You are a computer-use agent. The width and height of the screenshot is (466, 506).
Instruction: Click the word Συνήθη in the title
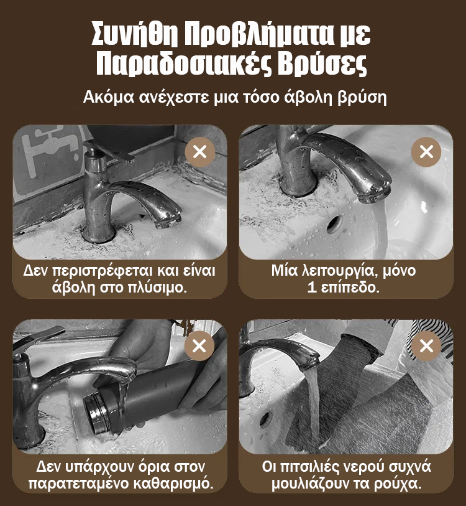134,34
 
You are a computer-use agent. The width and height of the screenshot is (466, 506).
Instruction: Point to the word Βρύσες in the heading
323,65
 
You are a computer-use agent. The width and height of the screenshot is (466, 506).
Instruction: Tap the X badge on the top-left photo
200,152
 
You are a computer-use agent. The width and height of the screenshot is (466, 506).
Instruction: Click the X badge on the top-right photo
426,152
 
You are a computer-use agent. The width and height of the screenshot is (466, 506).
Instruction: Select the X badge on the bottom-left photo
199,345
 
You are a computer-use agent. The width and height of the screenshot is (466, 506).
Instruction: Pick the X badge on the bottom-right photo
426,345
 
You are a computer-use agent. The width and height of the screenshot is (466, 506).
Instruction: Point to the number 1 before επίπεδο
311,287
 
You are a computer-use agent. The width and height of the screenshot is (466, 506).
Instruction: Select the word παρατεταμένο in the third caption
78,484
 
